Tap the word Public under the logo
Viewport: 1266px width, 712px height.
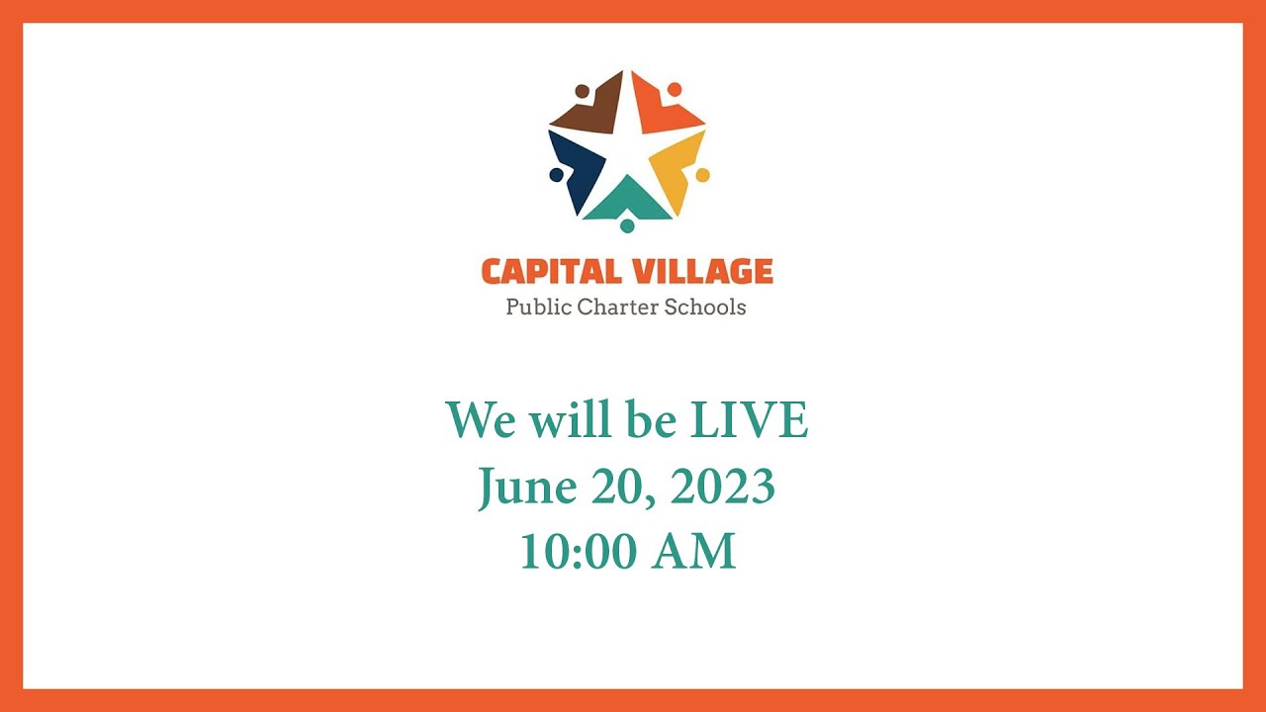539,307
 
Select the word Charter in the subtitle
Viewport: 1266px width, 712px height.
620,307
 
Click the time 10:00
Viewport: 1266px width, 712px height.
580,552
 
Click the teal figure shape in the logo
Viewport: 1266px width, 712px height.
627,202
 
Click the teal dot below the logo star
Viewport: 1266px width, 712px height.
627,226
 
